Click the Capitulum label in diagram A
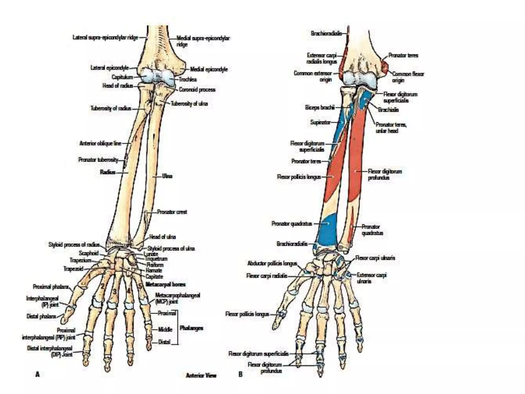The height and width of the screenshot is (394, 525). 122,77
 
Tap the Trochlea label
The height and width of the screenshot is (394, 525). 188,80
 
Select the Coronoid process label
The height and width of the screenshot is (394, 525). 197,90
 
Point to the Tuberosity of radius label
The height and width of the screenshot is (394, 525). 111,108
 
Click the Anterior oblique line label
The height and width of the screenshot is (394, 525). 100,143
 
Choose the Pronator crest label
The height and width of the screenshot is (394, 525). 172,212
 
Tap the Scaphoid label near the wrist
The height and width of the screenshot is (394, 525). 88,253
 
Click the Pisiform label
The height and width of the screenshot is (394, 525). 155,265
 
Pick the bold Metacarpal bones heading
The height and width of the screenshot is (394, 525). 165,284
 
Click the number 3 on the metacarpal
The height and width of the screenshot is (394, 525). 115,292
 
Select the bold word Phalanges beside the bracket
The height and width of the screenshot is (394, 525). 191,328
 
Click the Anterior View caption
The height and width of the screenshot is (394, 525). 201,376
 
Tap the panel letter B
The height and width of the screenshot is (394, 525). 240,374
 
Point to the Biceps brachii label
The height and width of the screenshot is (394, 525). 320,107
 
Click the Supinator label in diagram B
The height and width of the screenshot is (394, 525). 320,122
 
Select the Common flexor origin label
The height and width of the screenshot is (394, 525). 408,77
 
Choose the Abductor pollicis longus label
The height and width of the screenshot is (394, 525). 272,263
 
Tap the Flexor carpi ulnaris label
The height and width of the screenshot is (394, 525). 375,258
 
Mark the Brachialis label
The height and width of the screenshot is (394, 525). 388,110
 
